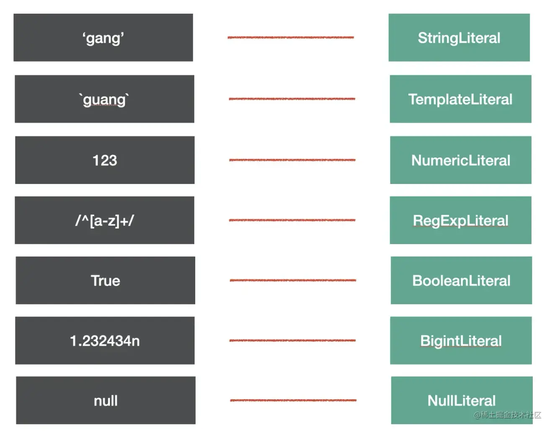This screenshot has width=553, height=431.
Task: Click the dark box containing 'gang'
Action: pyautogui.click(x=103, y=37)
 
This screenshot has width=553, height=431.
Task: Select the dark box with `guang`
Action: pyautogui.click(x=104, y=99)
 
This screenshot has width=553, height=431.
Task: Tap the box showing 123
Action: pyautogui.click(x=105, y=160)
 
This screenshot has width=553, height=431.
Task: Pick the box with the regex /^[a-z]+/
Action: pyautogui.click(x=104, y=220)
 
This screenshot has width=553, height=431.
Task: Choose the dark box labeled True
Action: pyautogui.click(x=105, y=280)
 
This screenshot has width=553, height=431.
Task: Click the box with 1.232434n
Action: pyautogui.click(x=105, y=340)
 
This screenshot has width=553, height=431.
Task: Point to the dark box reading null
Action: pyautogui.click(x=106, y=400)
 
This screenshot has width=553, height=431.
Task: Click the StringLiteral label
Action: pyautogui.click(x=459, y=38)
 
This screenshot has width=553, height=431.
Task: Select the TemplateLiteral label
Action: pyautogui.click(x=460, y=99)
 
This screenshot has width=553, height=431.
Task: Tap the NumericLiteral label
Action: pyautogui.click(x=460, y=161)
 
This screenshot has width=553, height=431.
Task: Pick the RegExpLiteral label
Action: pyautogui.click(x=460, y=221)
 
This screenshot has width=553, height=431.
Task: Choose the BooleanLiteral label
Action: pyautogui.click(x=461, y=280)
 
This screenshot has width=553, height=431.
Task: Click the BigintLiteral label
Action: pyautogui.click(x=461, y=341)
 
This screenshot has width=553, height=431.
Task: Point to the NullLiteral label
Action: pyautogui.click(x=461, y=400)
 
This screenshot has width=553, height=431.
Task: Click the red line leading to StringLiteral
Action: pyautogui.click(x=291, y=37)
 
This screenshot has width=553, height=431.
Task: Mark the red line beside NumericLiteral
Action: pyautogui.click(x=292, y=160)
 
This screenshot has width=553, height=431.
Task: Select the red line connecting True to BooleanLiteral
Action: pyautogui.click(x=293, y=280)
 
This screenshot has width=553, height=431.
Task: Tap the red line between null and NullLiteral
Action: pyautogui.click(x=293, y=400)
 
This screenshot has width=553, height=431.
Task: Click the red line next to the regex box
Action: pyautogui.click(x=292, y=220)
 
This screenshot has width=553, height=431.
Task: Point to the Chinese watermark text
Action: pyautogui.click(x=507, y=415)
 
